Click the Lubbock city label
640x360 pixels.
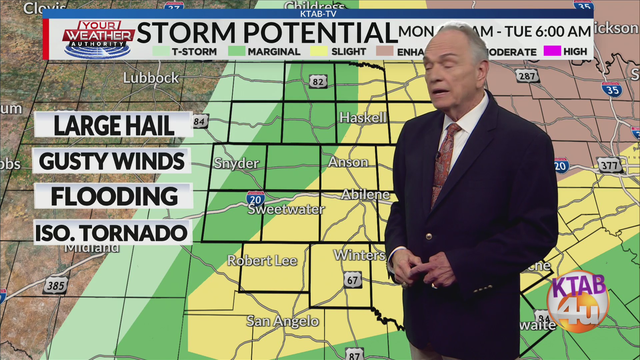(151, 78)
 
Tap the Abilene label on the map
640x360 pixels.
(365, 194)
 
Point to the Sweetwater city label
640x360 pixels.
(286, 209)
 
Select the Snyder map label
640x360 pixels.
(236, 163)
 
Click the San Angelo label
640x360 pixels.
(283, 321)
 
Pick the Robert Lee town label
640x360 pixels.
(262, 261)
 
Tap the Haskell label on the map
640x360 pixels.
(363, 117)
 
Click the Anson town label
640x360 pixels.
(348, 162)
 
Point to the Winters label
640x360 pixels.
(359, 255)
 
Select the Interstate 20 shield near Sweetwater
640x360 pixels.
(256, 199)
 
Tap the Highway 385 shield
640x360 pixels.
(56, 285)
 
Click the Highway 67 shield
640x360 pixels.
(353, 280)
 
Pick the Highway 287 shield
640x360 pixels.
(527, 76)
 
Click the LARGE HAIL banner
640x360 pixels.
(114, 125)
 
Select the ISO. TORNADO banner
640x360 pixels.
(112, 233)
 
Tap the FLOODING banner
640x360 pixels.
(114, 196)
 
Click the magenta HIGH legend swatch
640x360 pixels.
(552, 51)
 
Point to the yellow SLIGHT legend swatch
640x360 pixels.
(319, 51)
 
